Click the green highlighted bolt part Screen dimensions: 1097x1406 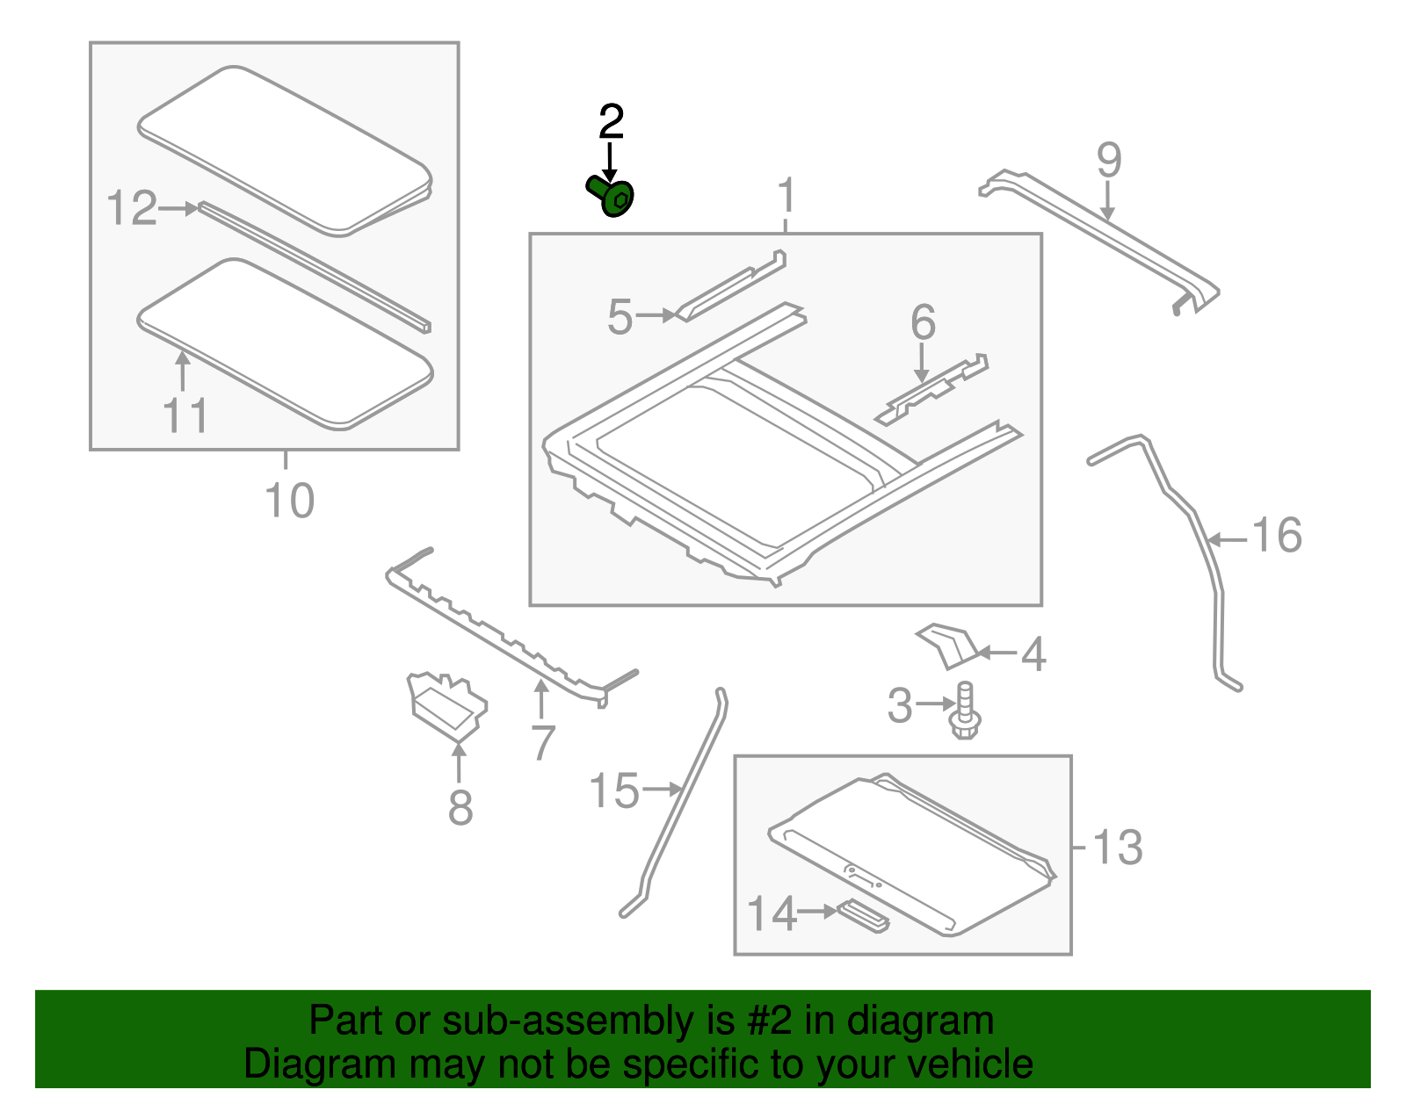coord(612,197)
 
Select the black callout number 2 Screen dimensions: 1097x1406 coord(611,122)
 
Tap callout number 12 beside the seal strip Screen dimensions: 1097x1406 coord(132,209)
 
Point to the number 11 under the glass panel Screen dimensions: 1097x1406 coord(185,415)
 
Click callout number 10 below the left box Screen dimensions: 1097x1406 coord(289,501)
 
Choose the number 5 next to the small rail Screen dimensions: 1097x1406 coord(620,317)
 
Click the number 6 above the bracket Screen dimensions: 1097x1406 coord(923,322)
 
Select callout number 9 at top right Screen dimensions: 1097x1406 coord(1109,161)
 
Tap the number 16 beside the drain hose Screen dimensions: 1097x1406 coord(1276,536)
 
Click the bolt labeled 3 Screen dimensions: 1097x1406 coord(965,712)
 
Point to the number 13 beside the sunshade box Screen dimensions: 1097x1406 coord(1118,848)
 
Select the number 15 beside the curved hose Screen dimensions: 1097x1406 coord(613,791)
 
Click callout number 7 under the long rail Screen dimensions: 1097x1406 coord(543,743)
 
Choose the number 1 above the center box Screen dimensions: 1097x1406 coord(786,195)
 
